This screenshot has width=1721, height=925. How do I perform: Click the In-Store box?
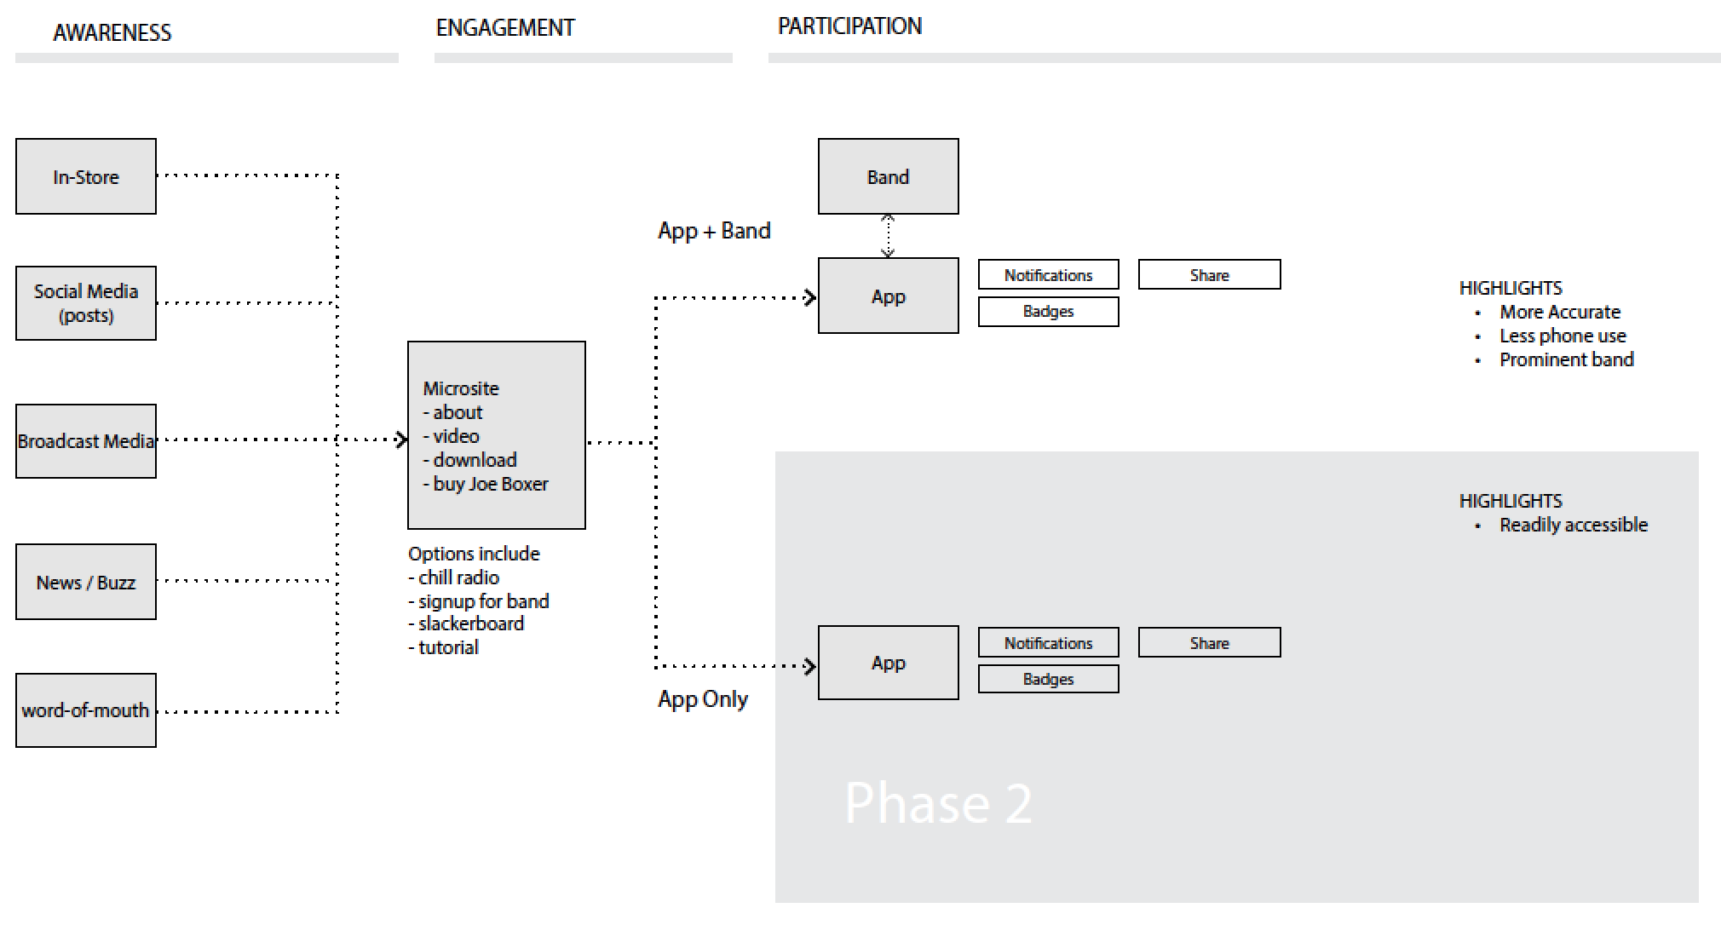[x=86, y=176]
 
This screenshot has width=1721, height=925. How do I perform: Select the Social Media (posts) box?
[x=86, y=303]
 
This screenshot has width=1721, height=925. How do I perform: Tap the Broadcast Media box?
[x=86, y=441]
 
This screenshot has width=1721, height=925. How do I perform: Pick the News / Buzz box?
[x=86, y=582]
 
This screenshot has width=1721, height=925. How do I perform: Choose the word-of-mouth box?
[x=86, y=710]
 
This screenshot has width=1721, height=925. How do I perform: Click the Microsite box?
[x=497, y=435]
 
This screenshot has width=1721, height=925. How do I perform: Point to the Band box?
[x=888, y=176]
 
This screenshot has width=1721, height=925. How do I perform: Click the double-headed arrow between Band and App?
[x=888, y=236]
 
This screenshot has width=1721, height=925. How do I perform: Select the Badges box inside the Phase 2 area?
[x=1048, y=679]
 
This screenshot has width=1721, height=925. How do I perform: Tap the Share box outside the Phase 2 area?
[x=1209, y=275]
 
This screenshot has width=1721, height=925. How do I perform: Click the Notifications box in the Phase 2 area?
[x=1048, y=643]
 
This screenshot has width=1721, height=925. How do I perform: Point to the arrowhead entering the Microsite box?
[x=401, y=440]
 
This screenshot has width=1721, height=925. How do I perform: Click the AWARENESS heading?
[x=112, y=32]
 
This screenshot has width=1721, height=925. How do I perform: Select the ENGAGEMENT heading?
[x=505, y=28]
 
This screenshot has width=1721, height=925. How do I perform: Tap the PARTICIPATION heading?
[x=849, y=26]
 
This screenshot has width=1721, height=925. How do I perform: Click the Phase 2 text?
[x=938, y=802]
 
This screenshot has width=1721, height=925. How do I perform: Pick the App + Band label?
[x=714, y=231]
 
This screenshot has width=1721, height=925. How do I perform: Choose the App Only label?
[x=703, y=699]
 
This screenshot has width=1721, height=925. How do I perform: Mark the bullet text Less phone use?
[x=1563, y=336]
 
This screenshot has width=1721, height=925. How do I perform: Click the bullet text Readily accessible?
[x=1573, y=525]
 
